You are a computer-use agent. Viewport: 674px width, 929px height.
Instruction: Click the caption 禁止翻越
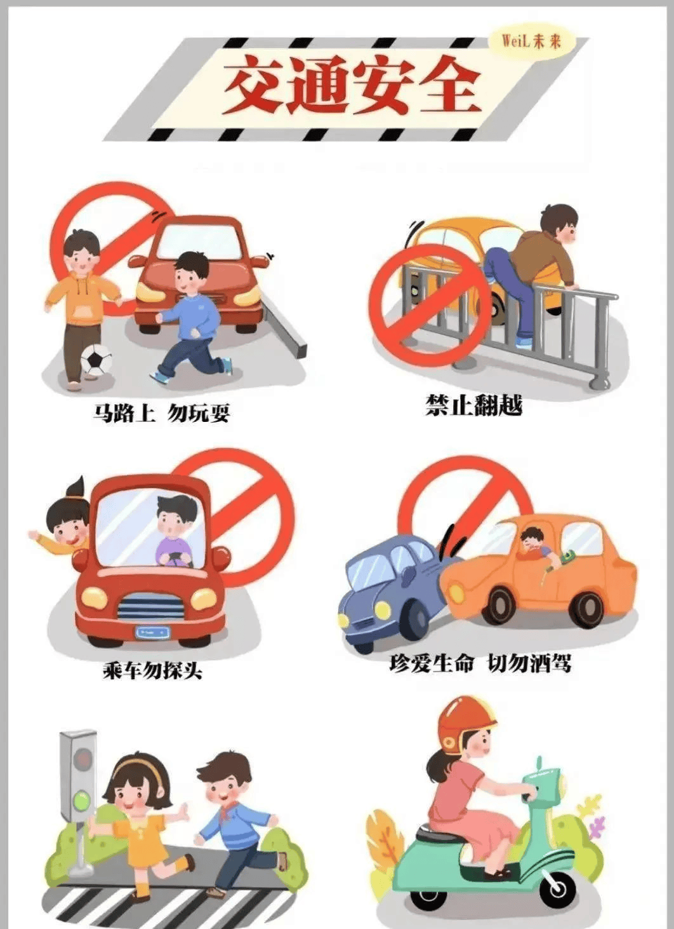(473, 405)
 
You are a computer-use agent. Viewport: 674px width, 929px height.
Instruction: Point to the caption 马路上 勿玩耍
(161, 414)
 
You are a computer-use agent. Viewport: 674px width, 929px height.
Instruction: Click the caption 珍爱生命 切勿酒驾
(480, 664)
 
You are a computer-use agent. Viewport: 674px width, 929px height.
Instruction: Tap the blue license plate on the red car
(152, 633)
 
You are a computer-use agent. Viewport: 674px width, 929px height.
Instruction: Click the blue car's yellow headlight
(383, 609)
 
